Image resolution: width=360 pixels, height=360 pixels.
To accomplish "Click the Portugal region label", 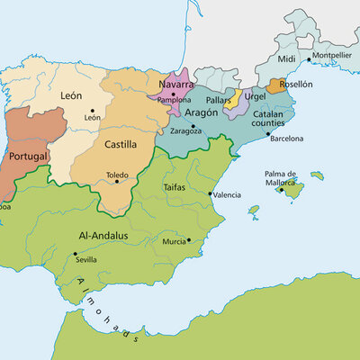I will [x=27, y=157].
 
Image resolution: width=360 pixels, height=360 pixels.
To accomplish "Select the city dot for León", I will [x=91, y=110].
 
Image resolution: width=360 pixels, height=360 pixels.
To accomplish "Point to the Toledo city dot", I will [x=117, y=183].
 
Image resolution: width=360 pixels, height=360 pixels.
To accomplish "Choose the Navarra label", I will [x=176, y=84].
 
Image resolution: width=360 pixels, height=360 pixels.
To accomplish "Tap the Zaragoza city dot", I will [x=193, y=125].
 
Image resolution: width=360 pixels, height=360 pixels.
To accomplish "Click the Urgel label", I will [x=256, y=96].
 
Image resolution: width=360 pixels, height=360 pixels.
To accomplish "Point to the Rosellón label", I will [x=296, y=84].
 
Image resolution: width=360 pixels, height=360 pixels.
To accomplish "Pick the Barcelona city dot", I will [x=268, y=134].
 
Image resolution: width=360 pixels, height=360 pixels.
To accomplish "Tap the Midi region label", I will [x=286, y=58].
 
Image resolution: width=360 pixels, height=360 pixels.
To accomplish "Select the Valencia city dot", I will [x=210, y=194].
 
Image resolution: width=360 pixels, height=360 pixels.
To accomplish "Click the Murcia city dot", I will [x=189, y=240].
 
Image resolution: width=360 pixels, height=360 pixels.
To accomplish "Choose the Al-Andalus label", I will [x=103, y=236].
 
